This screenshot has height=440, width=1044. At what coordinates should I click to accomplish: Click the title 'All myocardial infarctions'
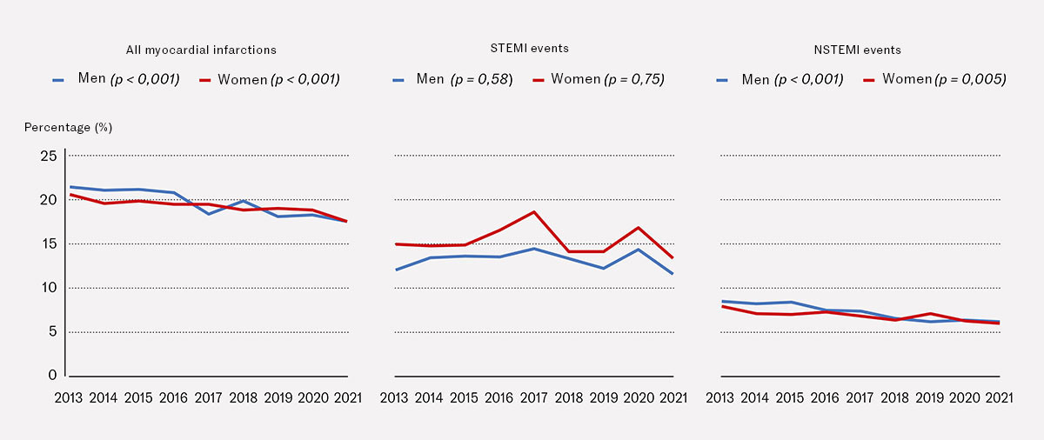click(200, 50)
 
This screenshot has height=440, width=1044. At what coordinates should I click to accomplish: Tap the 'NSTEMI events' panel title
click(856, 50)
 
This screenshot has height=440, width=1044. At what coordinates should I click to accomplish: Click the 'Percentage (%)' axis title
click(68, 127)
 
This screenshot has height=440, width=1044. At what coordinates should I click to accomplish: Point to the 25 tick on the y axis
click(48, 157)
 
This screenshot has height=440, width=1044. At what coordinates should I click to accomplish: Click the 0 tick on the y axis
click(52, 376)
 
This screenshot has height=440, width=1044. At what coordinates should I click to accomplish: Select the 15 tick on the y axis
click(48, 244)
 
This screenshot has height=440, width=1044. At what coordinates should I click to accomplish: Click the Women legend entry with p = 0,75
click(599, 79)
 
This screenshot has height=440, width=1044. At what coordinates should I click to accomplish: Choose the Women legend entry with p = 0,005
click(934, 79)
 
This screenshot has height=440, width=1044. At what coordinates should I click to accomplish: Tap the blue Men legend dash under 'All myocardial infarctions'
click(59, 80)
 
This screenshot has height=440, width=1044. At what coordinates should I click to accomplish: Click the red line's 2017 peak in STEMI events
click(534, 212)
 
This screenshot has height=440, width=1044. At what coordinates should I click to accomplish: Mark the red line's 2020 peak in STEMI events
click(639, 228)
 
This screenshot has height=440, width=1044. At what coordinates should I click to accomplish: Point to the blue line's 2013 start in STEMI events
click(396, 270)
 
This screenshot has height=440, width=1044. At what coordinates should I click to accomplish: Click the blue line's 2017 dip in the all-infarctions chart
click(208, 214)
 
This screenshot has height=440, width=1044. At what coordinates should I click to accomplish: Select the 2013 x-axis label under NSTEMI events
click(720, 398)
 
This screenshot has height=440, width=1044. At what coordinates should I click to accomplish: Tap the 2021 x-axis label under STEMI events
click(673, 398)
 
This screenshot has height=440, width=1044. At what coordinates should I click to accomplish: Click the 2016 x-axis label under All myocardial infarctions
click(173, 398)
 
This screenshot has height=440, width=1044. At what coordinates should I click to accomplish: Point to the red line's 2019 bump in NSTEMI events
click(931, 314)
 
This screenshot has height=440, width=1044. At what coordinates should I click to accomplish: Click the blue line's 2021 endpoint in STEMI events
click(673, 274)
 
